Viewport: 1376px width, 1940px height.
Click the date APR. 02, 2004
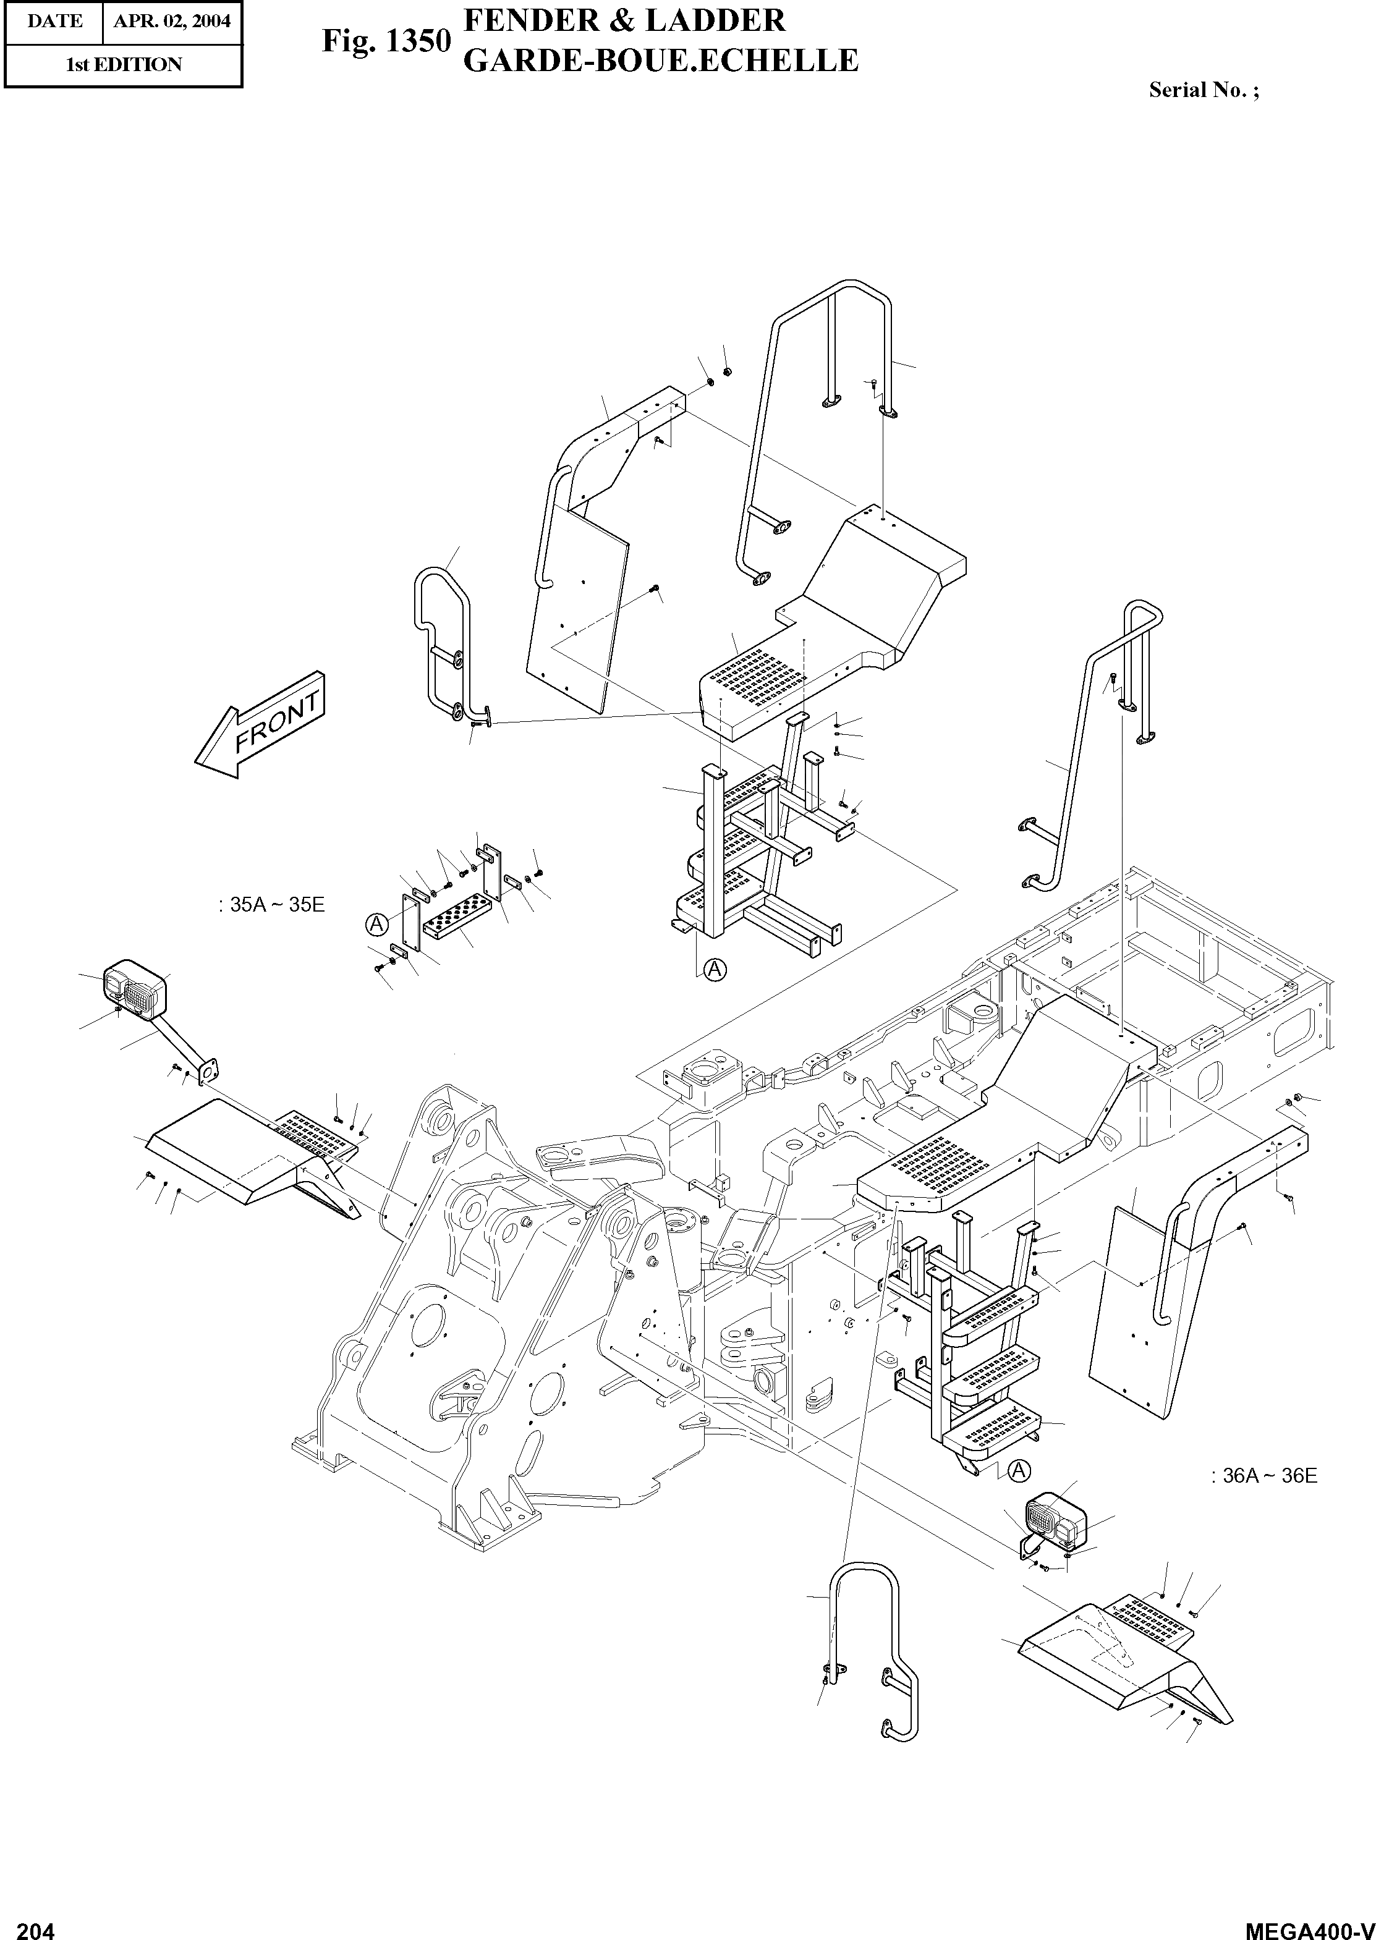click(172, 21)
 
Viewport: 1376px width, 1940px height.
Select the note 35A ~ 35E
click(271, 905)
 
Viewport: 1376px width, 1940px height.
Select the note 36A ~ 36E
click(1264, 1476)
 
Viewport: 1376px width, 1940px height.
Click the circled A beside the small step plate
click(376, 924)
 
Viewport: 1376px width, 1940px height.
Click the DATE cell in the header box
click(54, 21)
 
